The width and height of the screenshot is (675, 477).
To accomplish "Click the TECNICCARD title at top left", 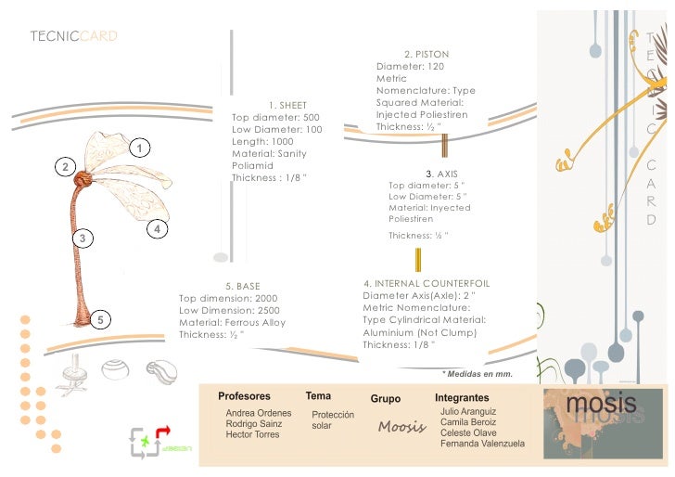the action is [x=73, y=36].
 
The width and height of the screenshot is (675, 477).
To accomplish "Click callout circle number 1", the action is [x=139, y=148].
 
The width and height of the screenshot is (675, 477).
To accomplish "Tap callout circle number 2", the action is [x=64, y=167].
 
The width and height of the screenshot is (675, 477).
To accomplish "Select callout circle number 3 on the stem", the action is [x=83, y=238].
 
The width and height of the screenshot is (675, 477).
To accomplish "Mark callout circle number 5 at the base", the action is [x=101, y=320].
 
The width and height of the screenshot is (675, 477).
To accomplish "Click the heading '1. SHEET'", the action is [x=287, y=106].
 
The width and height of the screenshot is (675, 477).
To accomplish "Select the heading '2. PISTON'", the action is [x=427, y=55].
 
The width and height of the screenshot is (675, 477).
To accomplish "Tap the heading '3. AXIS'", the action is [x=440, y=174].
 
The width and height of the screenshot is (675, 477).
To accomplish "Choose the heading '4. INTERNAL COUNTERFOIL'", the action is [x=427, y=283].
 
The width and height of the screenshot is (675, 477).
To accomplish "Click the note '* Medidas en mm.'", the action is [x=478, y=374].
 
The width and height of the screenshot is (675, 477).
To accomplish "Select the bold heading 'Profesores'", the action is [x=244, y=396].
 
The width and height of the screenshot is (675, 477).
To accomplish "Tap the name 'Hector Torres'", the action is [x=252, y=434].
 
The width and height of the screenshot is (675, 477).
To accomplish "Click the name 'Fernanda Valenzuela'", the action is [x=482, y=444].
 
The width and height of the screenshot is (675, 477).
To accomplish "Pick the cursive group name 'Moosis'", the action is [x=401, y=428].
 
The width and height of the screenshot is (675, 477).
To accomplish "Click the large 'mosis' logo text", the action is [x=601, y=404].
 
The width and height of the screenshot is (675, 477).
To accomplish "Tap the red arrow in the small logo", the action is [x=163, y=432].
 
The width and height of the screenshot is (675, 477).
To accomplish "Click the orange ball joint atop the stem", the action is [x=82, y=177].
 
